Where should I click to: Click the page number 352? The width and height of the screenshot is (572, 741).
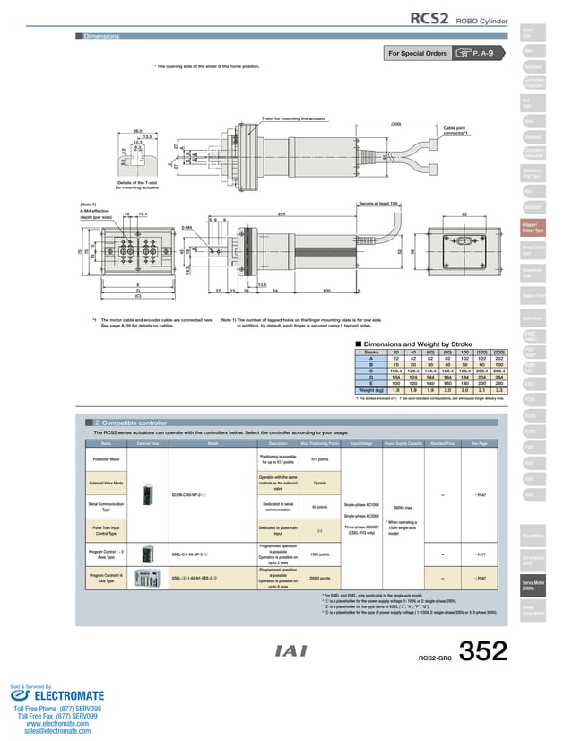[x=484, y=651]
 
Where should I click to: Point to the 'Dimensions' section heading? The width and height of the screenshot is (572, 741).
[x=101, y=36]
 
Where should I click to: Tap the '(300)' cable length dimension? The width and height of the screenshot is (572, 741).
[x=395, y=124]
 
